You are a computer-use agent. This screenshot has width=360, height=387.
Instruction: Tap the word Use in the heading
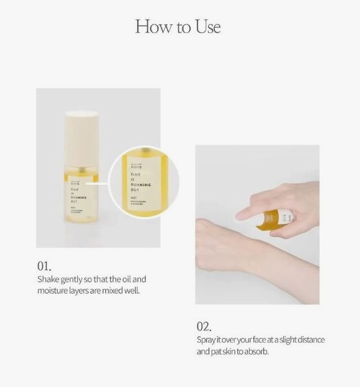pos(206,27)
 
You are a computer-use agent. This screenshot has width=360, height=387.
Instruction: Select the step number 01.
pos(44,267)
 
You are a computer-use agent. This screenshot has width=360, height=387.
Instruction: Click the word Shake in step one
pos(47,279)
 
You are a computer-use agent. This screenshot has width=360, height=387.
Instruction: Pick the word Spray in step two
pos(206,340)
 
